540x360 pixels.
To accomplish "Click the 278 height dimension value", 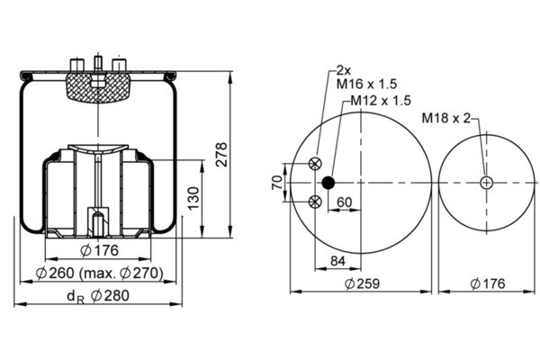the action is [221, 155].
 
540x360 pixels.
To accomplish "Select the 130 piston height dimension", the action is [193, 198].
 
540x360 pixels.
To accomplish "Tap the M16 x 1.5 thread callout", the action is [367, 84].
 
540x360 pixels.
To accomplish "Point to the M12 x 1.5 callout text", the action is [381, 101].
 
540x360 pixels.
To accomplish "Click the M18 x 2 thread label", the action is [446, 118].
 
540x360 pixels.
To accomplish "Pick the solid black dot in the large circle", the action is [328, 183].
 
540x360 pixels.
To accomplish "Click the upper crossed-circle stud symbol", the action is [315, 163].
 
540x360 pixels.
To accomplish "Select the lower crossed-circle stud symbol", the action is [315, 202].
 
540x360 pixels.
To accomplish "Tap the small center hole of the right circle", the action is [486, 183].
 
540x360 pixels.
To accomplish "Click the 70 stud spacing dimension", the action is [277, 182].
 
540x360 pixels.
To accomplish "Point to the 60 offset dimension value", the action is [345, 202].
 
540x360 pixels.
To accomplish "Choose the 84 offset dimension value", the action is [337, 261].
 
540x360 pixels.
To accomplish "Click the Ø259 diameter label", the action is [362, 283].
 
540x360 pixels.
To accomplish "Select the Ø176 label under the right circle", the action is [488, 283].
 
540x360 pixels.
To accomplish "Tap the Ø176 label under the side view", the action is [99, 251].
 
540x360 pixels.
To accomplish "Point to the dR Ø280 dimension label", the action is [98, 296].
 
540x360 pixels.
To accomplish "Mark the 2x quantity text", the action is [344, 70].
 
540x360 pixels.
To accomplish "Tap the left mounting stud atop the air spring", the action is [76, 66].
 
